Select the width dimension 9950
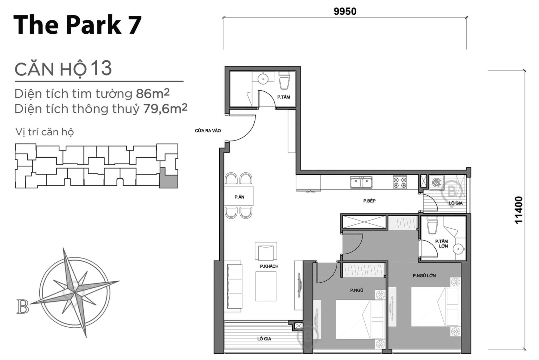point(345,11)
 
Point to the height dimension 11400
point(519,210)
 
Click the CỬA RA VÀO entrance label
point(208,131)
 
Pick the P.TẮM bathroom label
point(284,97)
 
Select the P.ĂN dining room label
point(239,197)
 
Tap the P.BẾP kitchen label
point(369,201)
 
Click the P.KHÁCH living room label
point(269,266)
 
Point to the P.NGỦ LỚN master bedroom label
point(424,276)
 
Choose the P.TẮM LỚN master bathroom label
point(441,243)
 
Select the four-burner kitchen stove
point(400,182)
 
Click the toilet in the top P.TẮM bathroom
point(284,81)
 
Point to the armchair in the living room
point(266,252)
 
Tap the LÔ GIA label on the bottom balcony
point(264,339)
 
